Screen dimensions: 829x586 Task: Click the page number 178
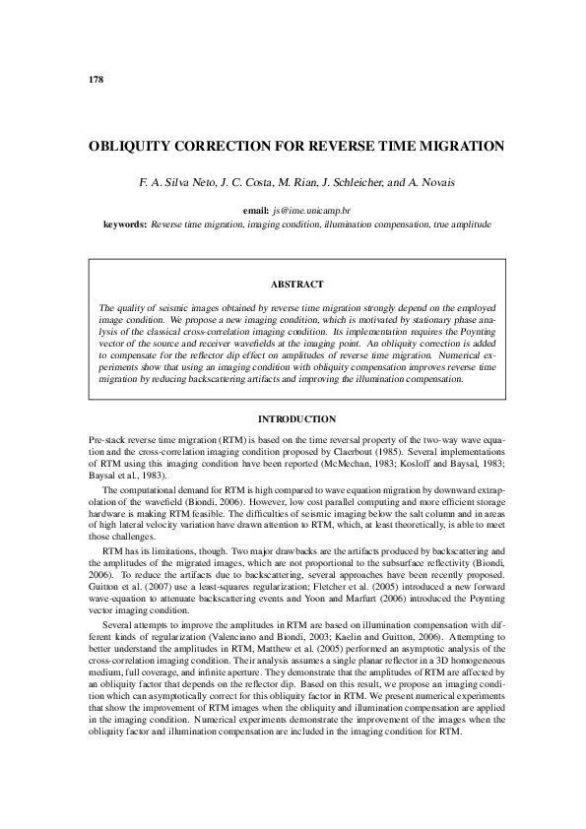(x=96, y=78)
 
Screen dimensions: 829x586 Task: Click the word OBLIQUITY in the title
(x=128, y=147)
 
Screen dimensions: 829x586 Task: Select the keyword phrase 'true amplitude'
(x=461, y=224)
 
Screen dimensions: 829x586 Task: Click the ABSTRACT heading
(x=296, y=285)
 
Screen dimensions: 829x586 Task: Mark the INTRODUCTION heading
(x=296, y=420)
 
